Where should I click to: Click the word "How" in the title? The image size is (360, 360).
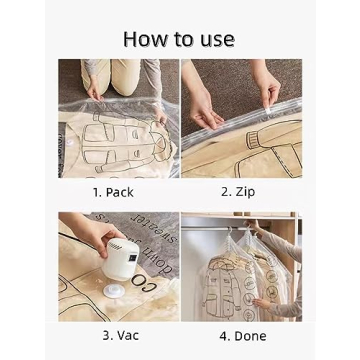tap(145, 39)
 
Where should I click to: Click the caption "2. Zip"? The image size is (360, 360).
tap(241, 190)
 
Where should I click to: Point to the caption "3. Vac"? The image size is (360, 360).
tap(120, 335)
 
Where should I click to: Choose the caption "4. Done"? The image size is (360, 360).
tap(242, 335)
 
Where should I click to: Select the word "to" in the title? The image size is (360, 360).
tap(184, 40)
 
